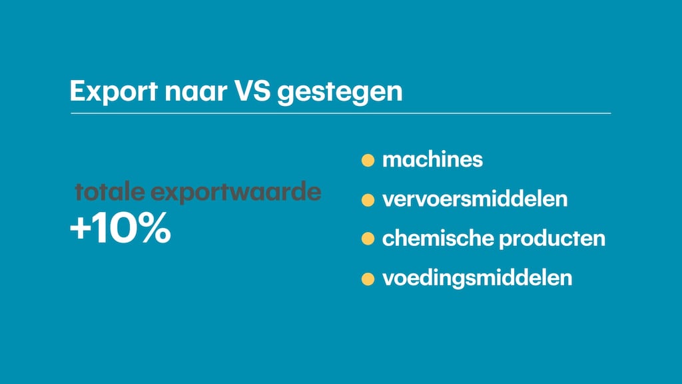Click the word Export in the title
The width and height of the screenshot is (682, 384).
(x=113, y=91)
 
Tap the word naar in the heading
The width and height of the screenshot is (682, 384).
(x=196, y=91)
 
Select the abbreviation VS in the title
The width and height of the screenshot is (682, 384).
(x=252, y=91)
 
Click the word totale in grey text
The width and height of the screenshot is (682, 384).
(x=110, y=191)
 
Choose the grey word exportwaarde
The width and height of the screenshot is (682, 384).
(x=236, y=193)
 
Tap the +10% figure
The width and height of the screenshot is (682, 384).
(x=121, y=227)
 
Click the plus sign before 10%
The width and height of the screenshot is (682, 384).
(x=80, y=229)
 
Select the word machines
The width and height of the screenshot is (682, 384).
(x=432, y=159)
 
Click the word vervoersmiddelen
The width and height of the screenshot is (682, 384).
(x=475, y=199)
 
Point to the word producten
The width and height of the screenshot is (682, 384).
(x=552, y=239)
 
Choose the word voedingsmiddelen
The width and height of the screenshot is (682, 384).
(x=477, y=278)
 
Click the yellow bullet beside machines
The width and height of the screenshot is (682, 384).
(x=368, y=160)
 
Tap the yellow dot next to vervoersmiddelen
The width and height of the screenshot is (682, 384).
(x=368, y=200)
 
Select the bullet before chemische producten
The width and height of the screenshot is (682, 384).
(x=368, y=239)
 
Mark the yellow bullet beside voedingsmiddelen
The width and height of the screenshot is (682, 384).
(x=368, y=279)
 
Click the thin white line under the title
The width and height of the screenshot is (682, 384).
(x=341, y=113)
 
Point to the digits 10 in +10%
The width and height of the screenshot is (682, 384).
(x=116, y=228)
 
